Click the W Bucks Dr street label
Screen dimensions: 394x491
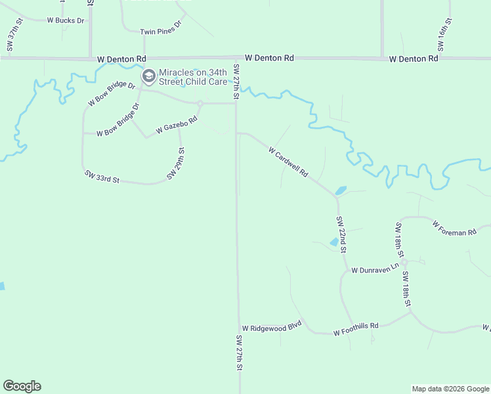click(x=66, y=20)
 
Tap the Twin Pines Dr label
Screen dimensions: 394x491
click(x=160, y=31)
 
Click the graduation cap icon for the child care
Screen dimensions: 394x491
click(x=149, y=77)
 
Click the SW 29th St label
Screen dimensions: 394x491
click(x=176, y=164)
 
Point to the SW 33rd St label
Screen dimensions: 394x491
click(x=102, y=176)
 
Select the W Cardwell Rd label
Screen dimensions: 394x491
click(x=288, y=161)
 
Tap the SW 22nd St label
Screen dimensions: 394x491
click(x=341, y=234)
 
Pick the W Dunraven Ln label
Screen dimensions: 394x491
click(x=375, y=269)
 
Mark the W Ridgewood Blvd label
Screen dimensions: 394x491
click(x=271, y=326)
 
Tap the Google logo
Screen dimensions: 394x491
click(x=22, y=386)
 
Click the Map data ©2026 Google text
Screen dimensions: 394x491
click(x=450, y=389)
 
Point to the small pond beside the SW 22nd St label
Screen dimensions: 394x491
click(x=334, y=242)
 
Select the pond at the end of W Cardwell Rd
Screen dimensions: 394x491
click(x=340, y=191)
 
